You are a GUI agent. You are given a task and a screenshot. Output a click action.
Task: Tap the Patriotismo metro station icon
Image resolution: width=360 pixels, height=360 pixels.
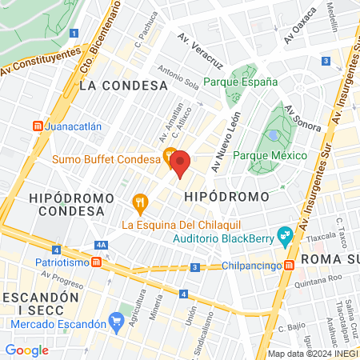click(96, 262)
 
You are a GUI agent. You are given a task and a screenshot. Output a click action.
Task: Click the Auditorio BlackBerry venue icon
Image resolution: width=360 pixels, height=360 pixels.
click(283, 234)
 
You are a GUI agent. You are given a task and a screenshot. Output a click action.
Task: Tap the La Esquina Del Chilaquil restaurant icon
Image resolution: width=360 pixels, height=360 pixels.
click(140, 203)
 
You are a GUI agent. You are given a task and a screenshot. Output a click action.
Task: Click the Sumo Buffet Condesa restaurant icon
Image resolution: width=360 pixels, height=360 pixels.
click(170, 154)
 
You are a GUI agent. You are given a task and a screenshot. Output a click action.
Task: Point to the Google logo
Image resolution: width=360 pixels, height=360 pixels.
click(26, 350)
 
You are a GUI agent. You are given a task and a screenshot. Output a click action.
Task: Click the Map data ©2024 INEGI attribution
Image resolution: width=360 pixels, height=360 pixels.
click(312, 354)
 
